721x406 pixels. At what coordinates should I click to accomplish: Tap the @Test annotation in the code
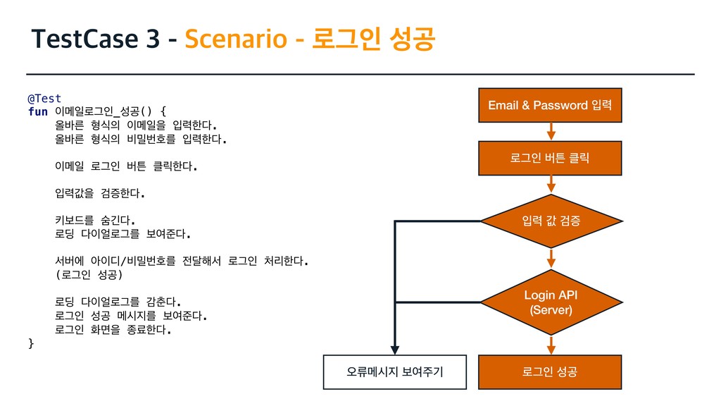point(44,98)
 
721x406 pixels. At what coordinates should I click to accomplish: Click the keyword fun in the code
point(37,111)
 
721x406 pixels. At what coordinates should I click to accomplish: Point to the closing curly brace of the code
point(30,343)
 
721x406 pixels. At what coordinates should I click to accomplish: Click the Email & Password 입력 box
point(551,105)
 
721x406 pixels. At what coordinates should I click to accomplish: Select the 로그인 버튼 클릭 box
point(551,158)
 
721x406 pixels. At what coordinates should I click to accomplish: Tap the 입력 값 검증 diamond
point(551,221)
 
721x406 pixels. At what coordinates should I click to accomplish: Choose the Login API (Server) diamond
point(551,302)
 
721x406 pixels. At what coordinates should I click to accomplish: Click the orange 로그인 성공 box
point(551,371)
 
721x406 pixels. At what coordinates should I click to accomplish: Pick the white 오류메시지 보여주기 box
point(395,371)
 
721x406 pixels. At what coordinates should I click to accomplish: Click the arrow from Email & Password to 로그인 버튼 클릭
point(551,131)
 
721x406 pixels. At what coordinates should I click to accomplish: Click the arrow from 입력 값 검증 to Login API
point(551,258)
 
